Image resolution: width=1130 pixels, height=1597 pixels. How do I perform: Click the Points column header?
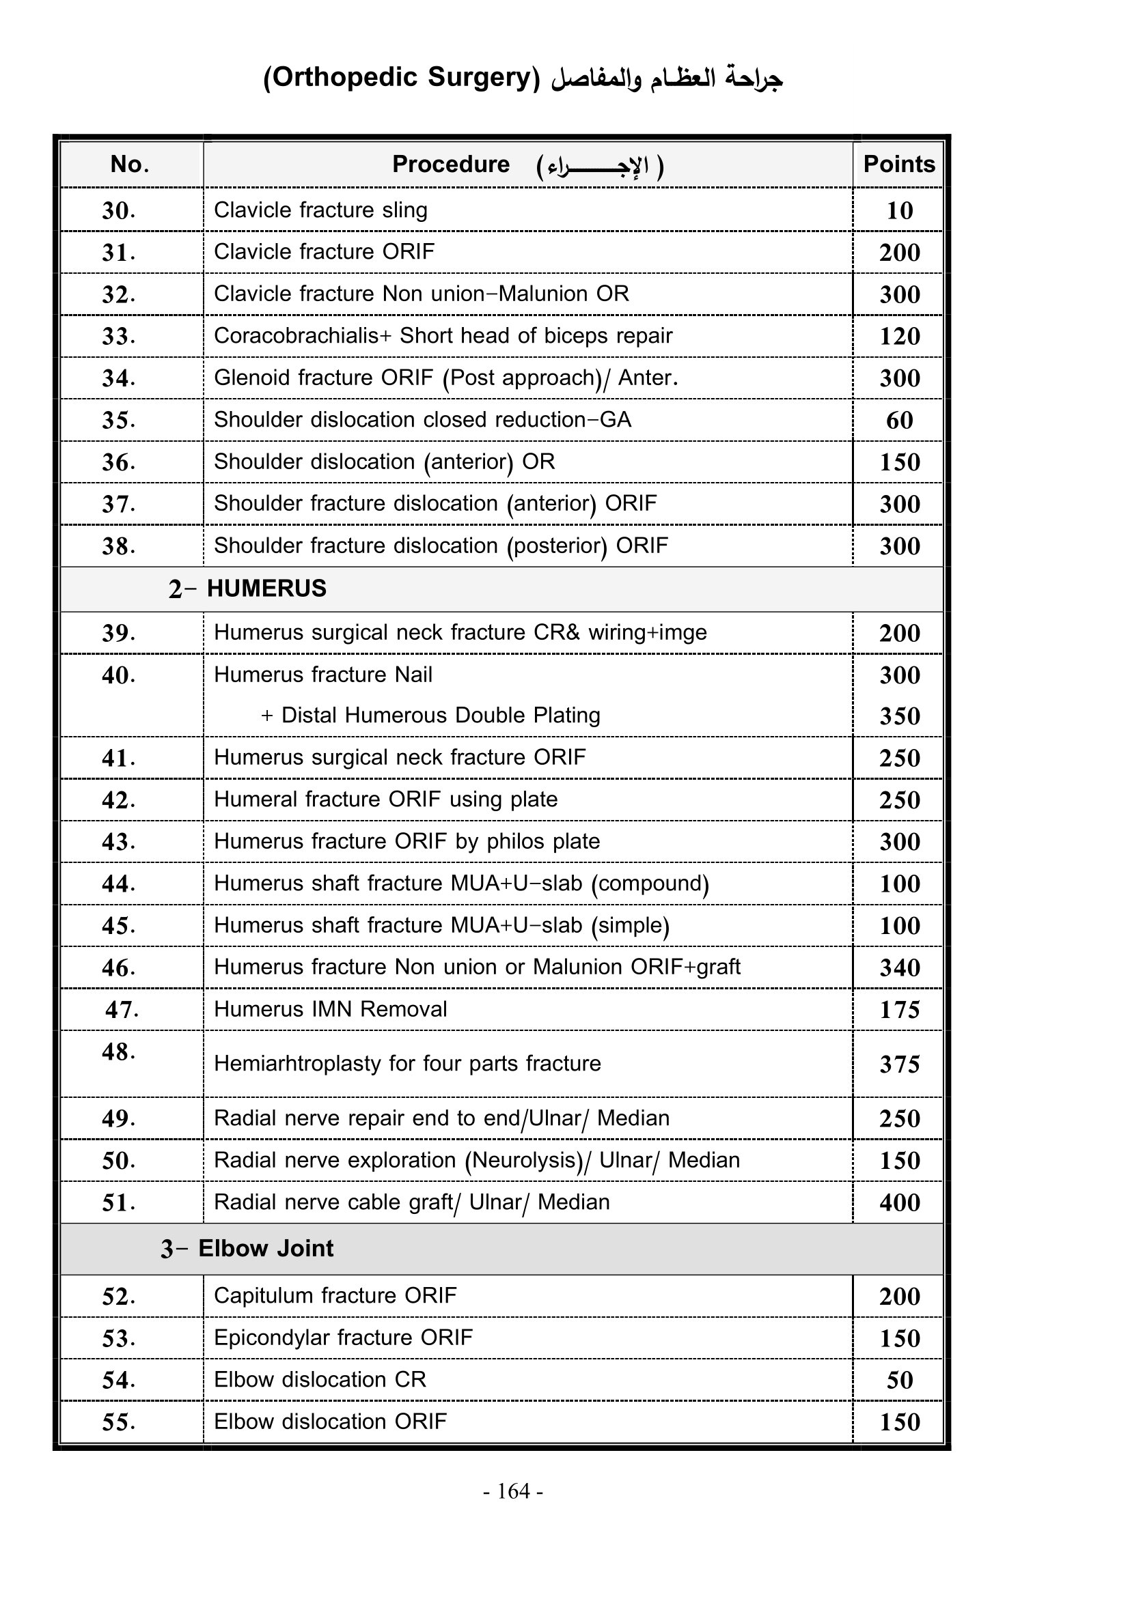coord(898,164)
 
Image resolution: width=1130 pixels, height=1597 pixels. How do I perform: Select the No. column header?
coord(129,164)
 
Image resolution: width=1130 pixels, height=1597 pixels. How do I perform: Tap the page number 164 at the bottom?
coord(514,1490)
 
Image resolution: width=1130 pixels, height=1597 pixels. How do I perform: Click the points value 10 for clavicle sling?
coord(899,210)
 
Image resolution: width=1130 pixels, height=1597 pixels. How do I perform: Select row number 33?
coord(118,336)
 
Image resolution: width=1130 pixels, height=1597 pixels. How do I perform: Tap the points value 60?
coord(899,420)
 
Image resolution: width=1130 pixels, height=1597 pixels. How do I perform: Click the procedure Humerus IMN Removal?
coord(330,1008)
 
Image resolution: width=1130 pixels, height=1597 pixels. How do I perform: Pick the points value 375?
coord(899,1064)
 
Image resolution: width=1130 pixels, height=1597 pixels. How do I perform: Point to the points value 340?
coord(899,967)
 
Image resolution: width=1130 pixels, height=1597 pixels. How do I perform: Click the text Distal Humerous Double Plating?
coord(440,716)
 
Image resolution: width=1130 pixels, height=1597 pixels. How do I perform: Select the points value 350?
coord(899,716)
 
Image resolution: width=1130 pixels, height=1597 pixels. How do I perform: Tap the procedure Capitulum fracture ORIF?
coord(335,1295)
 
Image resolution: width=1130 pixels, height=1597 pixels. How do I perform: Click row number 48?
coord(118,1051)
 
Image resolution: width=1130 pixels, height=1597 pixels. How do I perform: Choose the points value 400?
coord(899,1202)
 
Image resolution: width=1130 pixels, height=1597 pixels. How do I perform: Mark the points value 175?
coord(899,1009)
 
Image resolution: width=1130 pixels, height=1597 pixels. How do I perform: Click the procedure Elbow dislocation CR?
coord(319,1379)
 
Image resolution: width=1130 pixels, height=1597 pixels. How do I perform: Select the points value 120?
coord(899,336)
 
